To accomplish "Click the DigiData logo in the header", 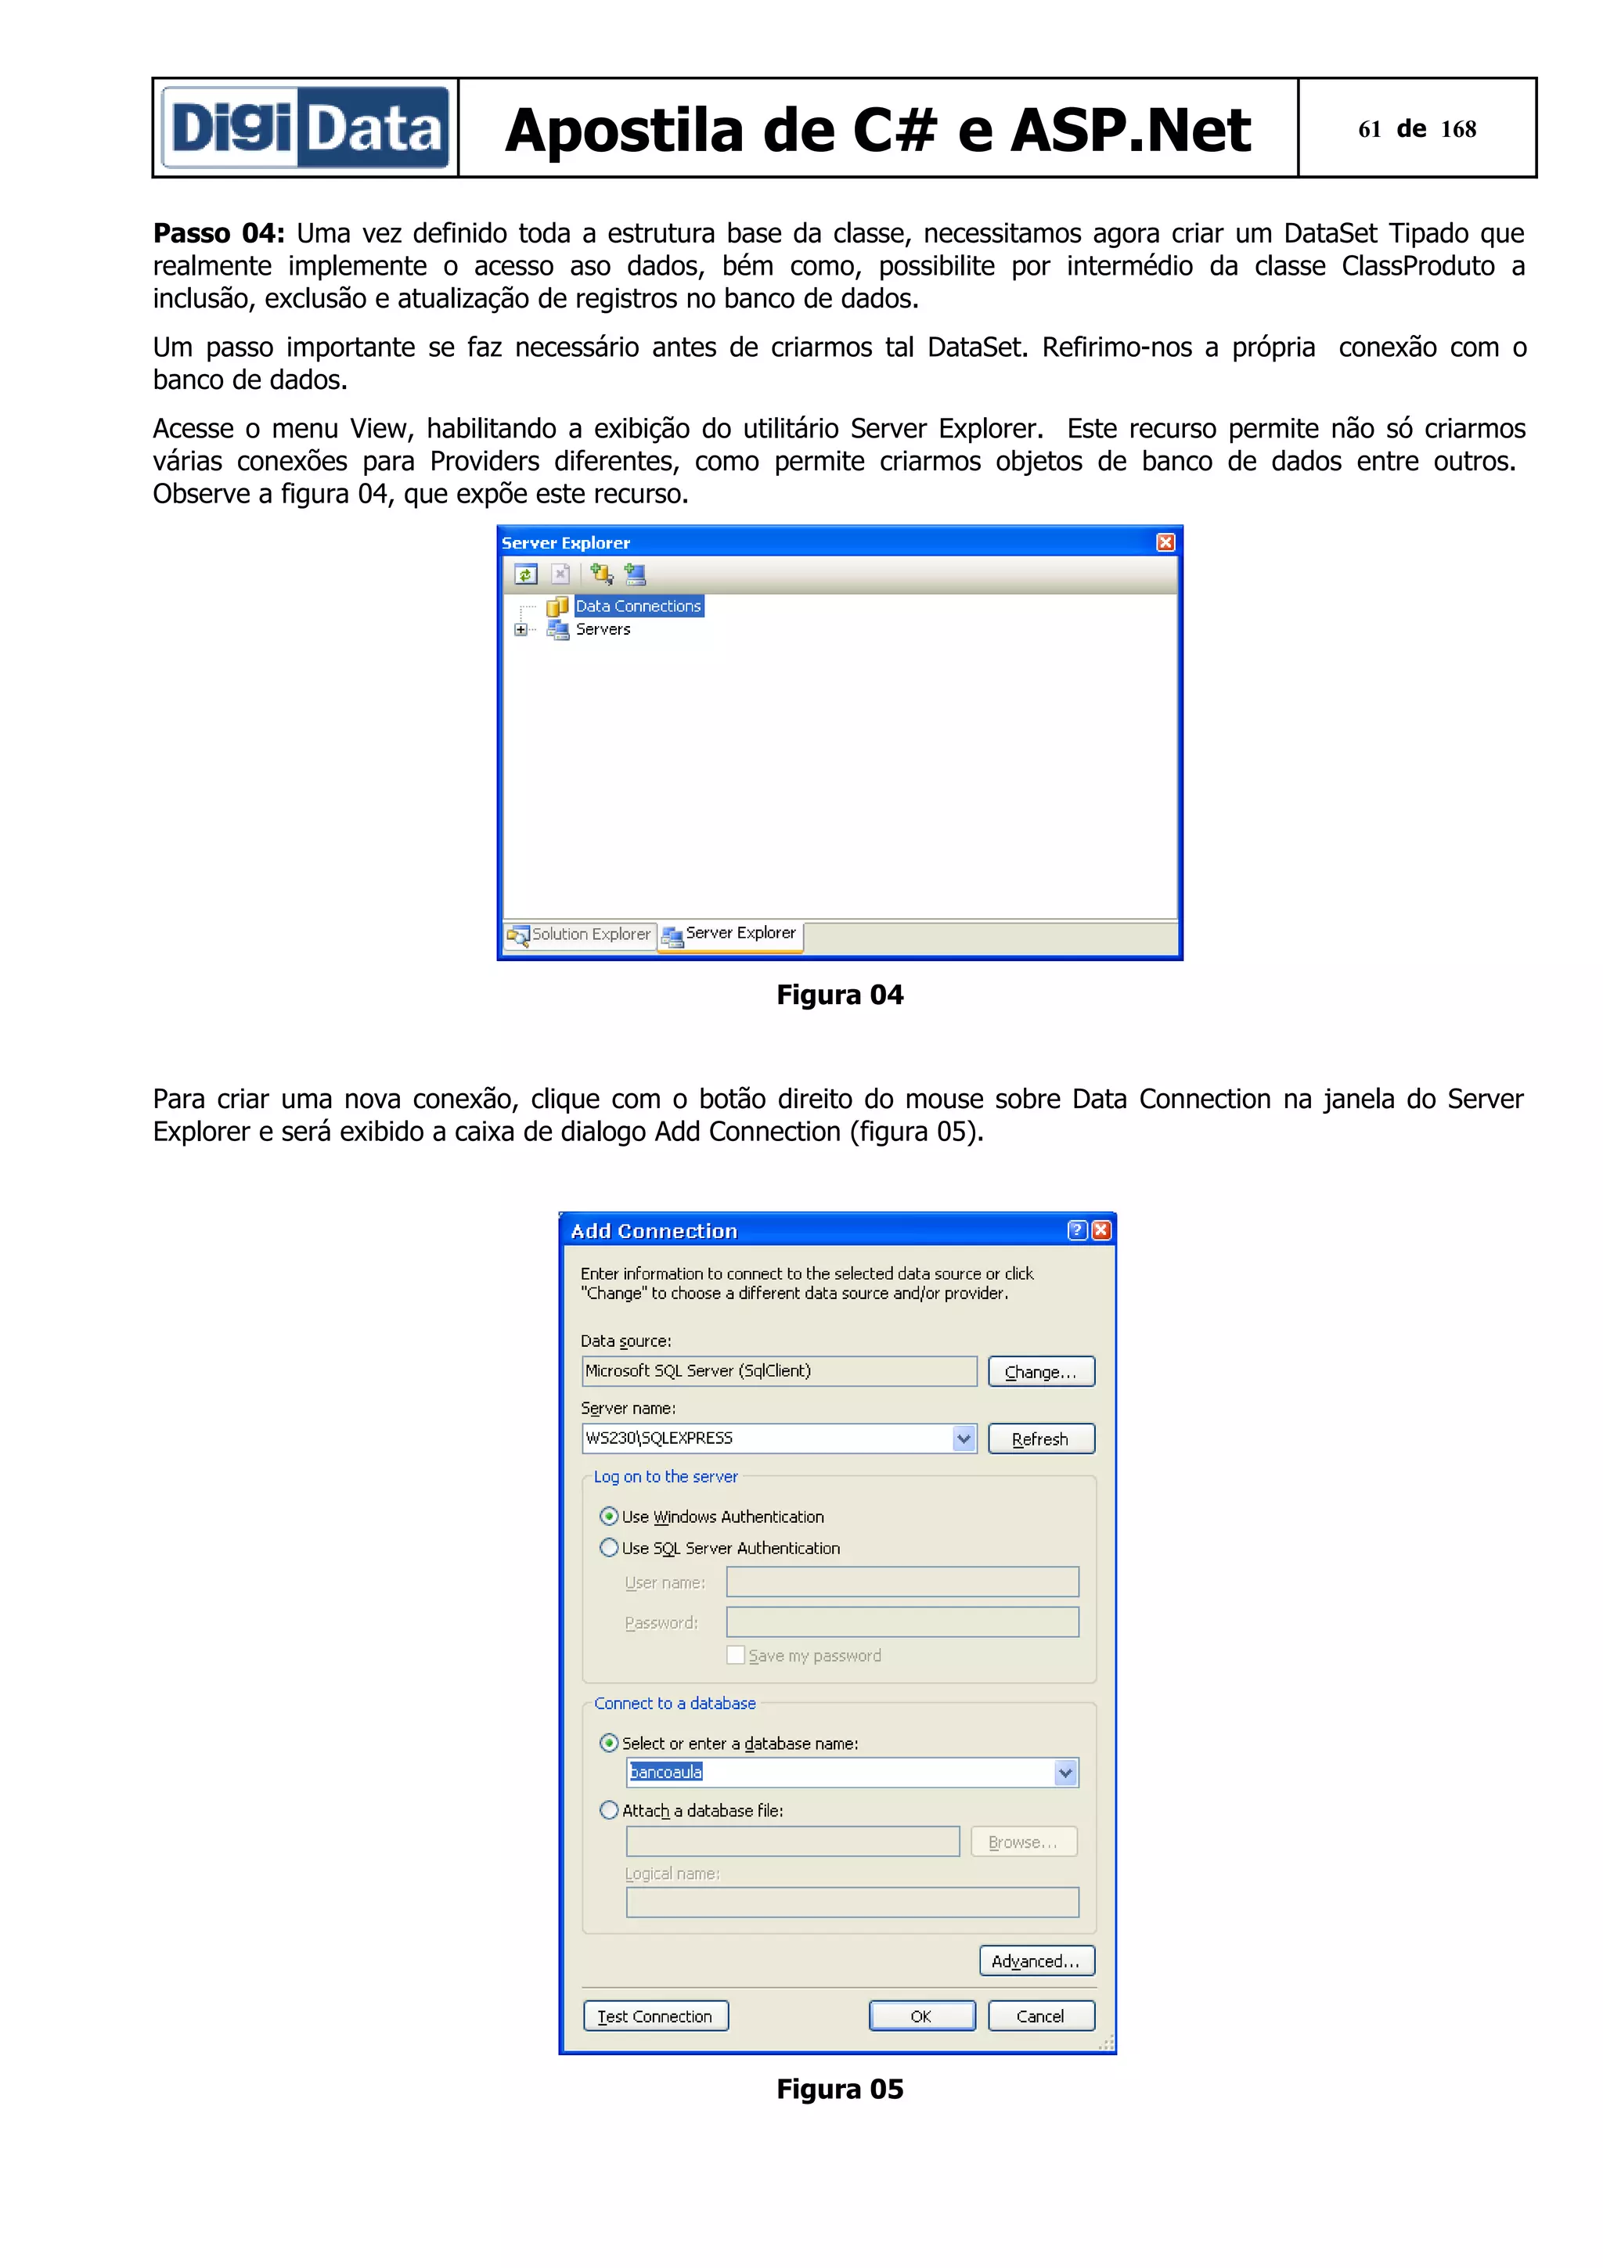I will point(305,128).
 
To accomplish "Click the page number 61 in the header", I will point(1369,129).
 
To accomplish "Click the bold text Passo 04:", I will point(218,234).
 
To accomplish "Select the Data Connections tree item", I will point(638,607).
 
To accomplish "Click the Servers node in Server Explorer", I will point(603,630).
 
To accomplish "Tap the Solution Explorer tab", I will point(581,934).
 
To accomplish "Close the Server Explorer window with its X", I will point(1165,542).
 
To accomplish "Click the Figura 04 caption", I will point(840,995).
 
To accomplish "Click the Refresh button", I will point(1041,1439).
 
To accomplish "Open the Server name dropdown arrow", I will point(964,1439).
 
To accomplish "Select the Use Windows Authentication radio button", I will point(610,1516).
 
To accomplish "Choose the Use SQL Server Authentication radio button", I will point(610,1548).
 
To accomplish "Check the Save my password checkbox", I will point(736,1654).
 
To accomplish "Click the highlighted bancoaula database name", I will point(667,1772).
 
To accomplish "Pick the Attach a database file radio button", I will point(610,1811).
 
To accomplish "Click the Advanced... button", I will point(1037,1960).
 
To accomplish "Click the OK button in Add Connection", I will point(921,2016).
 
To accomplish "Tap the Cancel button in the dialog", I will point(1041,2016).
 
